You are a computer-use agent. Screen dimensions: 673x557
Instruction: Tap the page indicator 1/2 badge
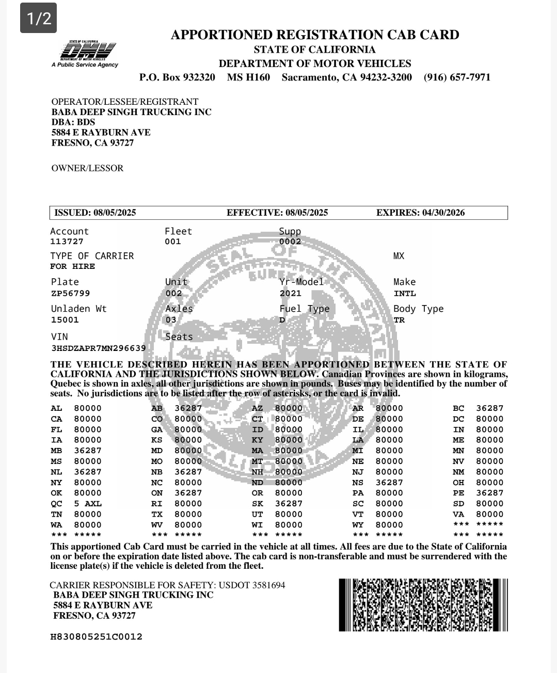click(39, 19)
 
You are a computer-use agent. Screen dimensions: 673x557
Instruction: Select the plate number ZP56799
click(70, 293)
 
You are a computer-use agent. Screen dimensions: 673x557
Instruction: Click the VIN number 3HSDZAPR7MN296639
click(98, 348)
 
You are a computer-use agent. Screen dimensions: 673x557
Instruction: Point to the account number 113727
click(67, 242)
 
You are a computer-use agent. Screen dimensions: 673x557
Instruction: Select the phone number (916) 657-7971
click(457, 77)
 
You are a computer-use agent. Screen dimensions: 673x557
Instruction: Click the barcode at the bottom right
click(423, 605)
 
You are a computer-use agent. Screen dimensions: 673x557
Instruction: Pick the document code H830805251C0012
click(96, 636)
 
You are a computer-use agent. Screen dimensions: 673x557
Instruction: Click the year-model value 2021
click(290, 293)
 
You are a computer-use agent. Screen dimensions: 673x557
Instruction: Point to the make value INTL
click(404, 293)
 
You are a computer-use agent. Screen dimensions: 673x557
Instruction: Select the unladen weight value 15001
click(65, 320)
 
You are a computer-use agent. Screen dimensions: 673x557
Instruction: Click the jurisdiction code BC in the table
click(458, 408)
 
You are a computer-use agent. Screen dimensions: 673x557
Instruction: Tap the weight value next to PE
click(489, 493)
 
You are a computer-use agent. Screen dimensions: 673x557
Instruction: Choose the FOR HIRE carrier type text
click(72, 266)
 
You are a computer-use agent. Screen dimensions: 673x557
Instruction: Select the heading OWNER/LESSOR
click(87, 168)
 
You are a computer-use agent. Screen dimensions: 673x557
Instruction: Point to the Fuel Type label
click(304, 309)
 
